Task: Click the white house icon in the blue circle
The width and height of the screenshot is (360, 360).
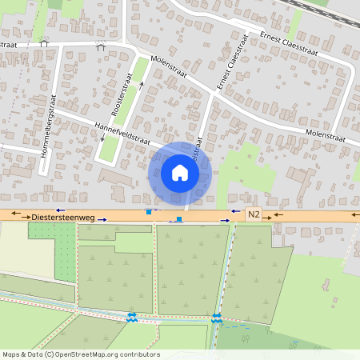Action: coord(180,173)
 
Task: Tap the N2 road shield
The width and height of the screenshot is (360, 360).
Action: coord(254,214)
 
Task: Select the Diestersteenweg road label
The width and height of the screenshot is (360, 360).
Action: coord(63,216)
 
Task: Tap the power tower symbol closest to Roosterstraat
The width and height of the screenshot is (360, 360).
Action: coord(101,46)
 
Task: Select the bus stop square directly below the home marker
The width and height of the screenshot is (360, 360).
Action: coord(179,218)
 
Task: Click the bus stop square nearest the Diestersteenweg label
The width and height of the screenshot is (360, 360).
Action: coord(147,212)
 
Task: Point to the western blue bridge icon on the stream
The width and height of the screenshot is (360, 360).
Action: coord(131,318)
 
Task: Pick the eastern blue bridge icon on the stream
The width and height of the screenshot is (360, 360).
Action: coord(217,318)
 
